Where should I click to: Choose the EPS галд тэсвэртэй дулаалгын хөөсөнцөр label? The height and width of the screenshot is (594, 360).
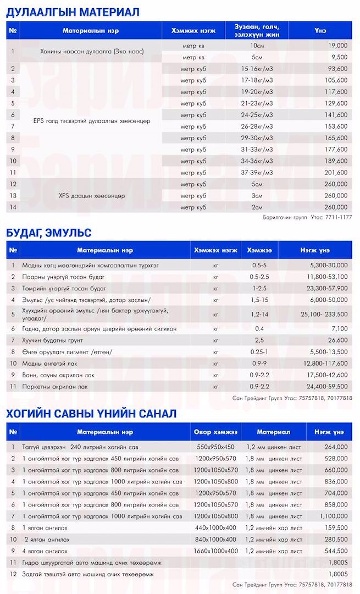tap(91, 120)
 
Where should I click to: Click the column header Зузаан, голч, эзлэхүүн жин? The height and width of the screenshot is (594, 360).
tap(256, 31)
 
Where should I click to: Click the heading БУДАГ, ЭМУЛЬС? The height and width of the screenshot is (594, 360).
tap(49, 233)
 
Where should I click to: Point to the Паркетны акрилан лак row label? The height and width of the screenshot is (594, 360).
tap(55, 387)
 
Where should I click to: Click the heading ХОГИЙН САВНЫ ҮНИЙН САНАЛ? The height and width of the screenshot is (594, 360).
tap(91, 414)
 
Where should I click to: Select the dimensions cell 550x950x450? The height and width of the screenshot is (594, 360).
tap(215, 447)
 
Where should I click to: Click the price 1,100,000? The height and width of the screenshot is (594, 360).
tap(330, 516)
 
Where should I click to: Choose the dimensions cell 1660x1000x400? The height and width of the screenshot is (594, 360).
tap(215, 551)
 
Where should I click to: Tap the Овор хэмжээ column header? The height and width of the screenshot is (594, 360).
tap(215, 431)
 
